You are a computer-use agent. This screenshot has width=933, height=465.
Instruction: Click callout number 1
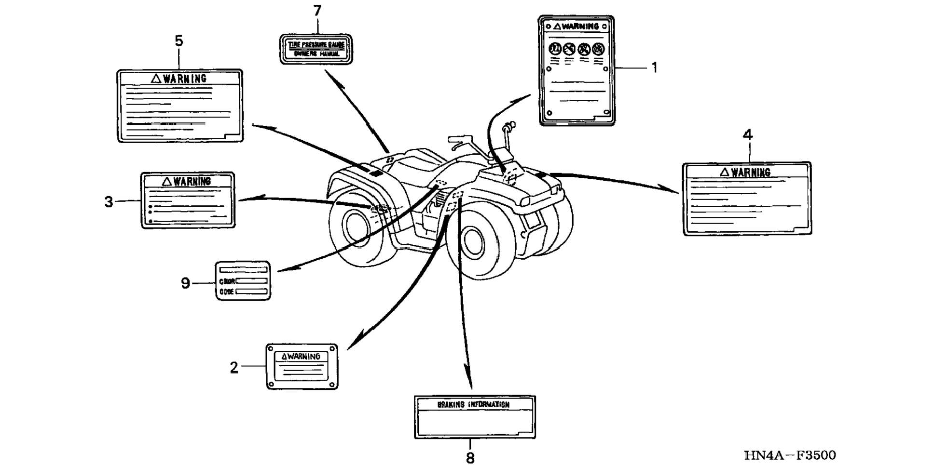point(655,68)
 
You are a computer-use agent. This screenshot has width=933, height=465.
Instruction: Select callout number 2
point(234,368)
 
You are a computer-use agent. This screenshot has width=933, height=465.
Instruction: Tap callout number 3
point(109,201)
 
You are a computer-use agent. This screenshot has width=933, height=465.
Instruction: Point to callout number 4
point(747,135)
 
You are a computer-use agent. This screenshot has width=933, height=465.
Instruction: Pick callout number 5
point(179,41)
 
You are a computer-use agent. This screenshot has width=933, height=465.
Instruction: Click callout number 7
point(317,11)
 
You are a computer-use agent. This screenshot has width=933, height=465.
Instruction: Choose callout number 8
point(470,457)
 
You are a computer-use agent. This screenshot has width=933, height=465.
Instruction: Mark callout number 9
point(185,283)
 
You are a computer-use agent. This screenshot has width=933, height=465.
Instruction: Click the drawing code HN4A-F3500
point(790,455)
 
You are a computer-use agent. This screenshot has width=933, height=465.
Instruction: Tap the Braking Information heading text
point(473,405)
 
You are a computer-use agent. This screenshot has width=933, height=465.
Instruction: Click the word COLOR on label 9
point(227,281)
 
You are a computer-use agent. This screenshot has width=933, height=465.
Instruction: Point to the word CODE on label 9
point(227,292)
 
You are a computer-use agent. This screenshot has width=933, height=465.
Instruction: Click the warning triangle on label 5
point(156,79)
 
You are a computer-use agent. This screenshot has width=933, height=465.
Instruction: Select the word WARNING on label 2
point(304,357)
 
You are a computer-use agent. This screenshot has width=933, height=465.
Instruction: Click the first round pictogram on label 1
point(555,49)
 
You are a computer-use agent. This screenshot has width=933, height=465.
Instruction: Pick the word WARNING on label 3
point(192,182)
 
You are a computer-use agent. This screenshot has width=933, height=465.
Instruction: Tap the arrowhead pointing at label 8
point(468,381)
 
